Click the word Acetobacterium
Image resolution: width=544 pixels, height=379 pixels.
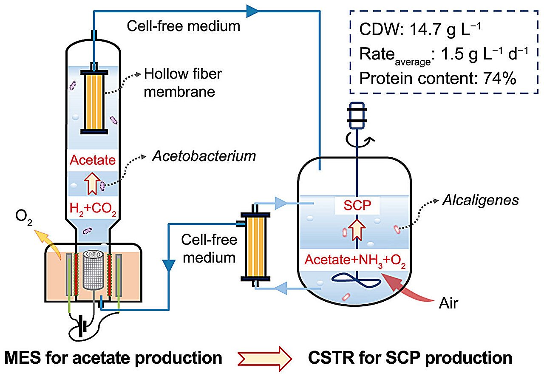(x=204, y=156)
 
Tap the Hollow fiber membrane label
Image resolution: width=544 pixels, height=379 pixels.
(x=183, y=83)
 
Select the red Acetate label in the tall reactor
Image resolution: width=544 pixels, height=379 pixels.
(x=92, y=160)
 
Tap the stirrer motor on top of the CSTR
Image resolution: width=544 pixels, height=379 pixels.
(x=356, y=115)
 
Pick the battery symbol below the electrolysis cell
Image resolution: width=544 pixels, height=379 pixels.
(x=84, y=327)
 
